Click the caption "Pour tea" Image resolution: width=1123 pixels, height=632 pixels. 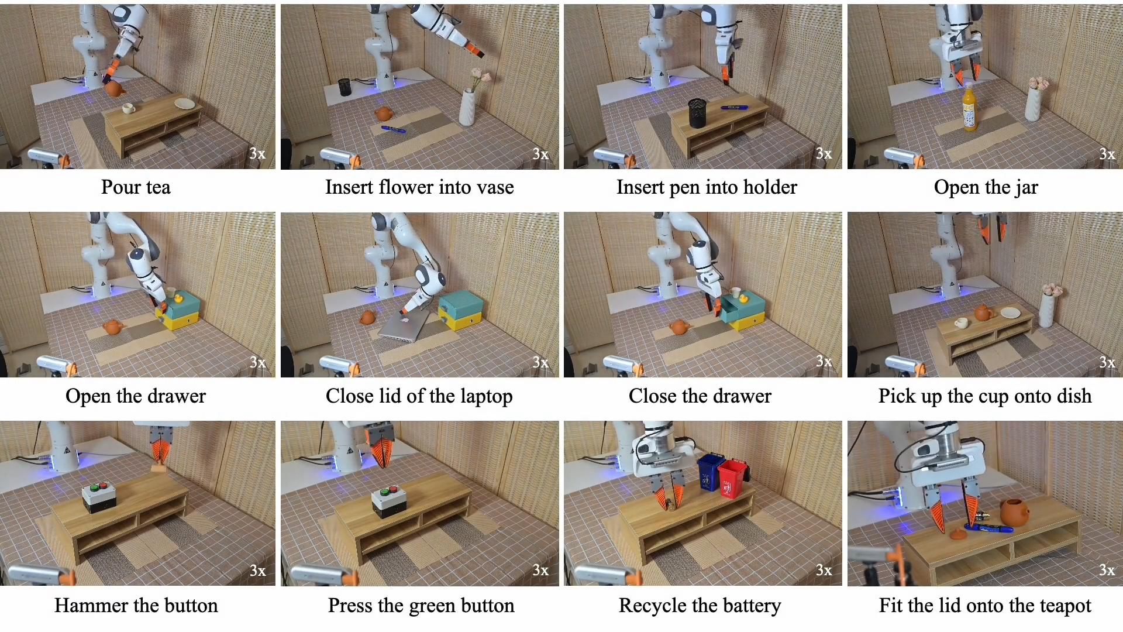coord(136,187)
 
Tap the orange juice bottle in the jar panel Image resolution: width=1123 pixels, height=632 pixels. coord(969,108)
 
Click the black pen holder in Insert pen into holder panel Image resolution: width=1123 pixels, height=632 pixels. coord(697,113)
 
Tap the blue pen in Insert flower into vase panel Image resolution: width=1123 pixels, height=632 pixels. coord(393,129)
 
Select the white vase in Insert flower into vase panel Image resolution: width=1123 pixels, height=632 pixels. coord(467,107)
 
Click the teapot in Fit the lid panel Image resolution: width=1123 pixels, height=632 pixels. coord(1016,512)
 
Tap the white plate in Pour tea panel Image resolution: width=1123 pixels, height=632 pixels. coord(185,104)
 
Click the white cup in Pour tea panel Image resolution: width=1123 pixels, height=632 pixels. coord(128,108)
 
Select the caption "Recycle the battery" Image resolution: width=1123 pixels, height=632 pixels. coord(700,606)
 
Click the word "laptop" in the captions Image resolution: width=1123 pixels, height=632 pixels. coord(486,397)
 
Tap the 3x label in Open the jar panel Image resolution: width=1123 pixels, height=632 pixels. coord(1107,154)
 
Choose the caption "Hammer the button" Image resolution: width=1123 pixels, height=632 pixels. coord(136,606)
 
